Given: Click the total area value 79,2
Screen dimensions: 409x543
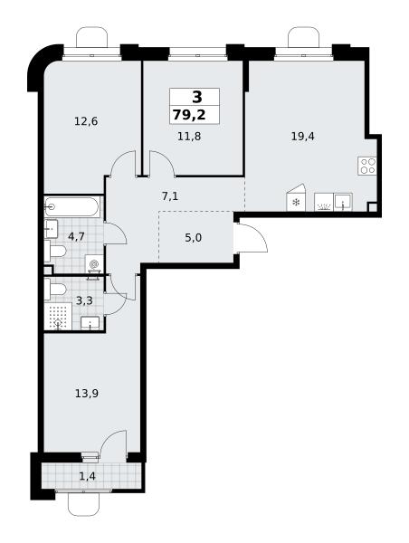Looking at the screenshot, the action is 189,115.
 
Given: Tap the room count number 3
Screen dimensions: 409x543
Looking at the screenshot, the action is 196,98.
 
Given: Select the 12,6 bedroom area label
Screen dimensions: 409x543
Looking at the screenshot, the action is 86,121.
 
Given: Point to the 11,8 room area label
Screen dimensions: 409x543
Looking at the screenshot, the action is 189,136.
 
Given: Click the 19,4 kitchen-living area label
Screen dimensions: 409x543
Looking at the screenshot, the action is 303,136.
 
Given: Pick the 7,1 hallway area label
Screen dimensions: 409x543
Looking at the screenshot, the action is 170,196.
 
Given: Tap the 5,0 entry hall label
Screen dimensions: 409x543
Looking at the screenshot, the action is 194,238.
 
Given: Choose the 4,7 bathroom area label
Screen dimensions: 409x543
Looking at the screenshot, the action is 77,237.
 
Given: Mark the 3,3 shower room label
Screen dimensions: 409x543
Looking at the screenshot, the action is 84,301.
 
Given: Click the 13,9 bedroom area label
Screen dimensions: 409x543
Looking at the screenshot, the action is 87,394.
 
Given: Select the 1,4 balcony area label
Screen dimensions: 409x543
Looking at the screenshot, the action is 87,477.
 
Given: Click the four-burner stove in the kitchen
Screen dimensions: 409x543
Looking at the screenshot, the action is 367,166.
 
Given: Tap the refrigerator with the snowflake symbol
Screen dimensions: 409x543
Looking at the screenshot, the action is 297,197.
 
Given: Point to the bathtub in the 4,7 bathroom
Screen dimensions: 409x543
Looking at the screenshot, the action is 72,206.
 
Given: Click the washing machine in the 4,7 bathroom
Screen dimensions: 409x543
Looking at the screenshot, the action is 94,264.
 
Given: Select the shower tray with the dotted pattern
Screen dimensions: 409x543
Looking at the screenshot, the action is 58,317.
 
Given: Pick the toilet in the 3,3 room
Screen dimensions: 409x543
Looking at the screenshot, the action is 55,290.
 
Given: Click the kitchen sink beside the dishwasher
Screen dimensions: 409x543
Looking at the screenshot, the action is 343,202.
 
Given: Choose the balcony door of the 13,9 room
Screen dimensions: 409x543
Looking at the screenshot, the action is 113,445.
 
